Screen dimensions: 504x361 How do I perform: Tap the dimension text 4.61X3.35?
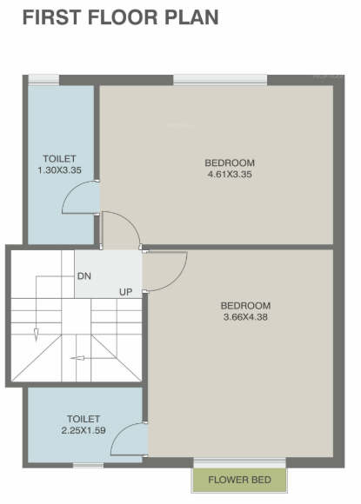pos(230,175)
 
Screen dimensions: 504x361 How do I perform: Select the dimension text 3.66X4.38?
pos(245,317)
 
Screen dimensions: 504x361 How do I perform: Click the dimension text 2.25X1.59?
pos(82,430)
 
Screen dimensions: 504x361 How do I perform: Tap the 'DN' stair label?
pos(84,275)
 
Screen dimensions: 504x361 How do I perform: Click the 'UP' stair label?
pos(126,292)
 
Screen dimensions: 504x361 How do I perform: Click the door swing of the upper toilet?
pos(80,197)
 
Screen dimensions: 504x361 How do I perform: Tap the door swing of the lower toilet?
pos(130,438)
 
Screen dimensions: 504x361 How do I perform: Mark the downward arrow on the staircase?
pos(37,334)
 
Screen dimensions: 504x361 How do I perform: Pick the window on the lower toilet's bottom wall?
pos(87,465)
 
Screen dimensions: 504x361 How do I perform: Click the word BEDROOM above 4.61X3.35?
pos(230,163)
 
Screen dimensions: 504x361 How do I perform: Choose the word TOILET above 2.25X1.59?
pos(82,419)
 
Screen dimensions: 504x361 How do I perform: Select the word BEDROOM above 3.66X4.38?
pos(245,306)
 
